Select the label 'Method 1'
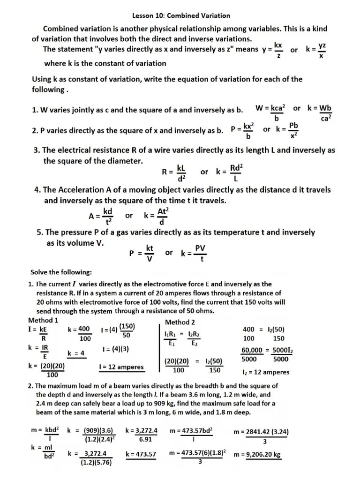click(x=43, y=320)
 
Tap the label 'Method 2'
click(x=180, y=322)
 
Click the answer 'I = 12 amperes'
click(x=121, y=367)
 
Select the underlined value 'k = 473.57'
click(x=141, y=454)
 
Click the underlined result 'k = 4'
click(x=75, y=353)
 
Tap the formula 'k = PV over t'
click(x=193, y=253)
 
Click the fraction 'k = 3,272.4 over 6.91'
click(x=141, y=435)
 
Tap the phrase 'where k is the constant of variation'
click(x=105, y=63)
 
